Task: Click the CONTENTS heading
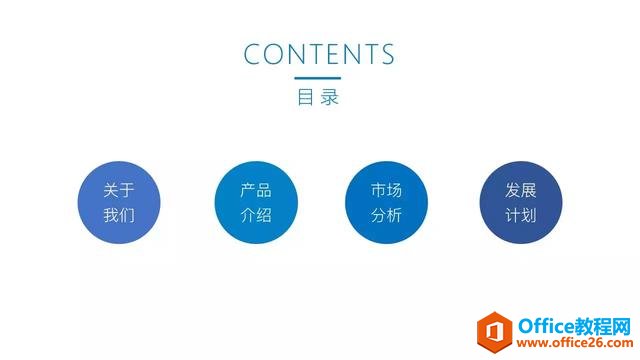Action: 319,54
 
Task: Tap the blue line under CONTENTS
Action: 319,78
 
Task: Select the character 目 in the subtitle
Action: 305,98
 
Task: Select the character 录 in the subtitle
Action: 332,98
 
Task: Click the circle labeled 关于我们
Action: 119,202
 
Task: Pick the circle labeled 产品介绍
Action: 255,202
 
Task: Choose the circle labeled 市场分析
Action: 386,202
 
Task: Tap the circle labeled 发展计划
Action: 521,202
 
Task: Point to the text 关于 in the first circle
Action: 119,190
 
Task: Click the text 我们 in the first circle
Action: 119,215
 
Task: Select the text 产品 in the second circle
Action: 255,190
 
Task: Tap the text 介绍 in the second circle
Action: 255,215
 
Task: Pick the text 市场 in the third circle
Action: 386,190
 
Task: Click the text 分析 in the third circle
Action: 386,215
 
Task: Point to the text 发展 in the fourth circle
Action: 521,190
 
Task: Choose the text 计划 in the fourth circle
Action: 521,215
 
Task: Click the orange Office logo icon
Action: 494,327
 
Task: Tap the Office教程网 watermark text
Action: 572,322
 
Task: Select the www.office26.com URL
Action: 572,342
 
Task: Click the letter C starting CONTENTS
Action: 253,54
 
